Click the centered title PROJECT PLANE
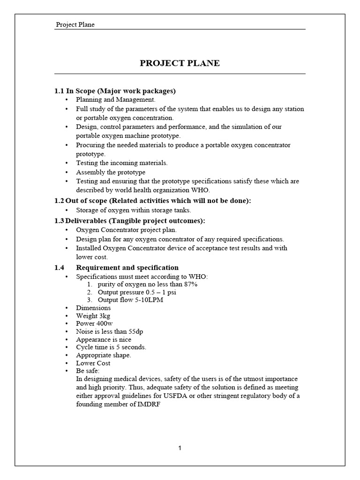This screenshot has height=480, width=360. click(x=180, y=63)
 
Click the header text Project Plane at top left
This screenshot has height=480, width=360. click(x=75, y=24)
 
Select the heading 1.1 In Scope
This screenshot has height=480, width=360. click(x=115, y=91)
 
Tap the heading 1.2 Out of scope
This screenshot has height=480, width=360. click(x=153, y=201)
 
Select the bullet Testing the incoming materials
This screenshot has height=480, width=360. click(x=121, y=163)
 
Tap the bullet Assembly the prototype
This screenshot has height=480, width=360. click(x=111, y=172)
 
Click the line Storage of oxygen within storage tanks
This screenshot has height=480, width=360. click(x=134, y=210)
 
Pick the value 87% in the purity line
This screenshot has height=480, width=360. click(x=190, y=285)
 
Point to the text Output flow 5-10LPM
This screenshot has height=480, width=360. click(x=130, y=300)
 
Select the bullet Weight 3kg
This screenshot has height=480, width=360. click(x=93, y=316)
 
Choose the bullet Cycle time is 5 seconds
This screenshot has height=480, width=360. click(x=111, y=347)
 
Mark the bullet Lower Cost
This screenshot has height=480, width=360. click(x=93, y=363)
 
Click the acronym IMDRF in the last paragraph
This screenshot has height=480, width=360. click(x=150, y=404)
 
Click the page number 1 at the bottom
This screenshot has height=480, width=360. click(x=180, y=448)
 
